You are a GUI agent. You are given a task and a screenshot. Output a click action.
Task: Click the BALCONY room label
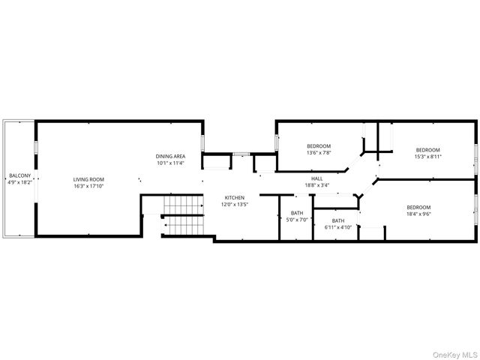(x=16, y=176)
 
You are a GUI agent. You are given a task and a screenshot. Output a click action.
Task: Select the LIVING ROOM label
(x=88, y=179)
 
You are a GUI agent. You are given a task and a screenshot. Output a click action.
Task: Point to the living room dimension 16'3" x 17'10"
(x=88, y=185)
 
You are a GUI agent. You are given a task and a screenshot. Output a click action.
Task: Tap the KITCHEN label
(x=235, y=198)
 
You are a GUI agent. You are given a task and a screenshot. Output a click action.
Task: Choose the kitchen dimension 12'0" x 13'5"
(x=235, y=204)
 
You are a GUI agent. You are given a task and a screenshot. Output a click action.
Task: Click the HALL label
(x=316, y=179)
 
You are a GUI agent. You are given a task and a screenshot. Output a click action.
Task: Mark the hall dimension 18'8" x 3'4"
(x=316, y=185)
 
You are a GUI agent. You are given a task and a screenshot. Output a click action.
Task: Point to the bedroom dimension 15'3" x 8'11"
(x=428, y=157)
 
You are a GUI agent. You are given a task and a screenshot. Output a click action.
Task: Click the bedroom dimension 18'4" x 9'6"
(x=418, y=214)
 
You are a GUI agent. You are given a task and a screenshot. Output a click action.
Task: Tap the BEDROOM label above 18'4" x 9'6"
(x=418, y=208)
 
